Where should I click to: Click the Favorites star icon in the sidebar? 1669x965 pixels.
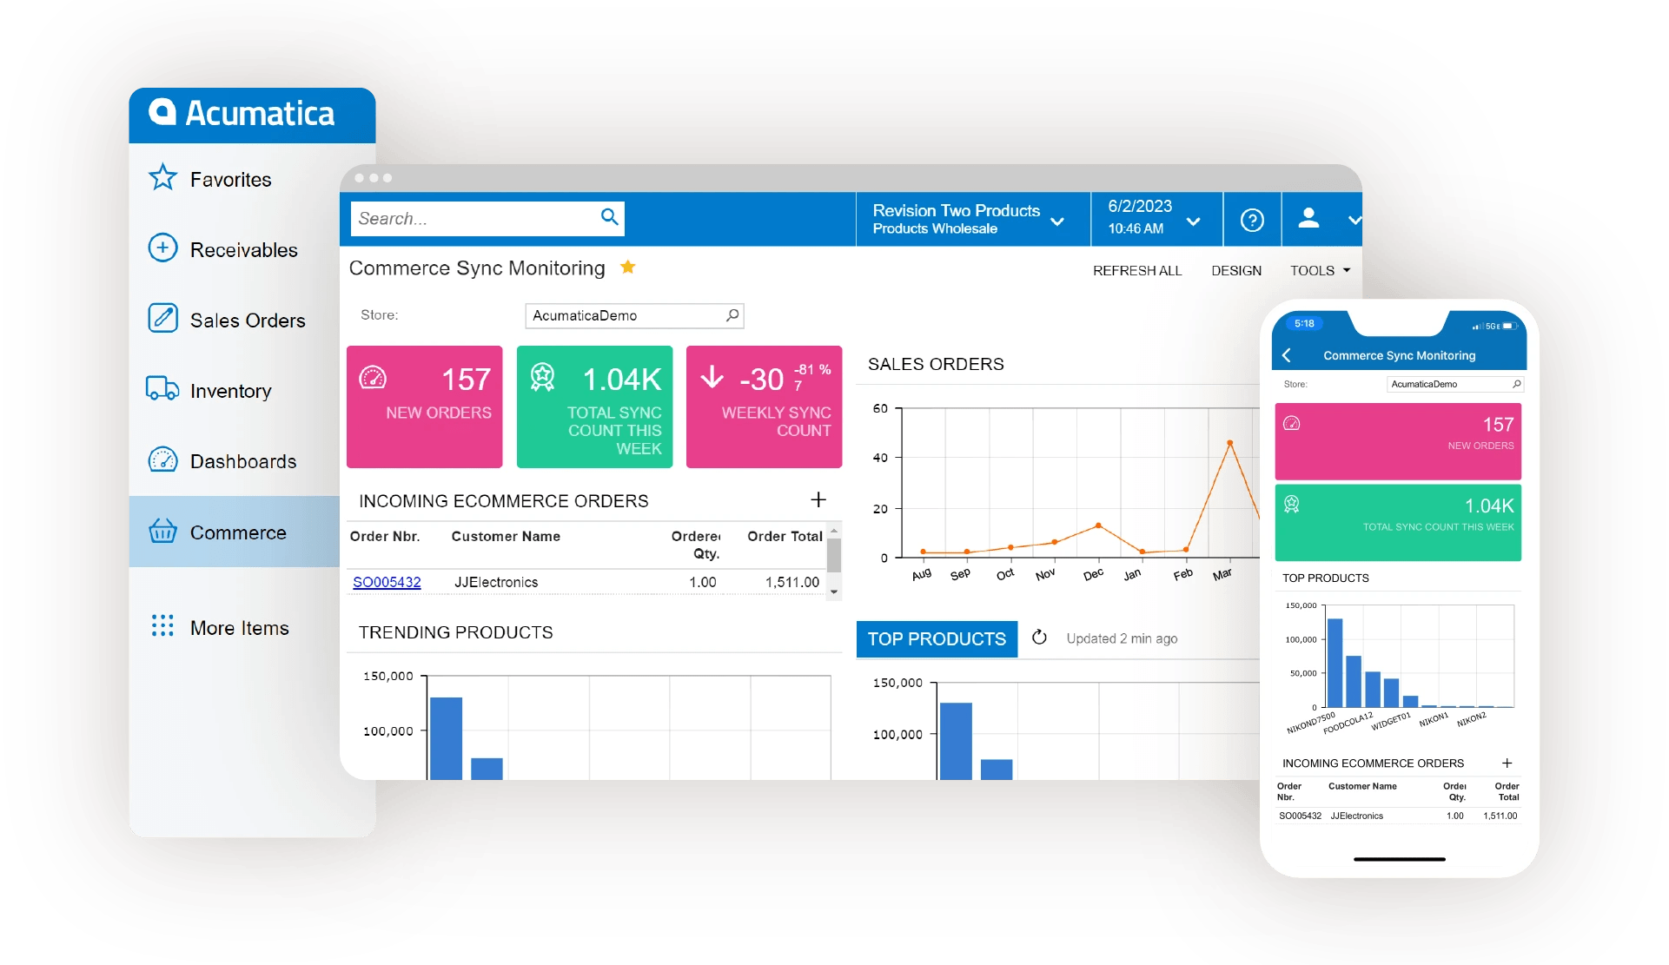(162, 178)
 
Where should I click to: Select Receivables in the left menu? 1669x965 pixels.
(243, 250)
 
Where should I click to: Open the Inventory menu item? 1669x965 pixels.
(230, 391)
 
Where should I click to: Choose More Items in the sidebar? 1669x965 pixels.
(239, 628)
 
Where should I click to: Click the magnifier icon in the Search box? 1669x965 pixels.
(610, 217)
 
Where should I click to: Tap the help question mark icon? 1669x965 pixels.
(1252, 220)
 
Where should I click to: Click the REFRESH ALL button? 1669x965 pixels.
(1137, 271)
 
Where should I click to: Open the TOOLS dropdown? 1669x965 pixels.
(1320, 271)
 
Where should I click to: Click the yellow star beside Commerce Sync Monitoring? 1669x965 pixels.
(628, 268)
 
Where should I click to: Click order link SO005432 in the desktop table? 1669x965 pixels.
(387, 582)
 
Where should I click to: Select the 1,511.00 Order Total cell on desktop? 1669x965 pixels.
(791, 582)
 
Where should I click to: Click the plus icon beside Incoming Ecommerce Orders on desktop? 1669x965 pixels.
(818, 499)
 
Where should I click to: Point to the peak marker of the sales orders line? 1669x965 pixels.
(1229, 443)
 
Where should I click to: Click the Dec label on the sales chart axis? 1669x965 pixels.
(1093, 574)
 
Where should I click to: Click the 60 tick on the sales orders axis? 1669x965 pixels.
(880, 408)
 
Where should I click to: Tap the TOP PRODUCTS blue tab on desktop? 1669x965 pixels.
(937, 639)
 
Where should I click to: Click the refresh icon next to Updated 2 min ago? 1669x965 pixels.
(1039, 638)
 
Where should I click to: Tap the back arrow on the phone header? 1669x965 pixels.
(1287, 355)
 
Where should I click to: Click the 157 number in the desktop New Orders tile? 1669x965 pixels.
(466, 380)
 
